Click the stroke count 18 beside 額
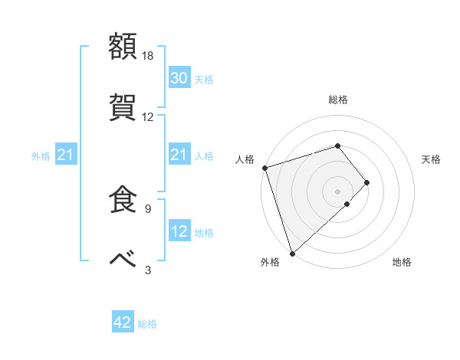click(148, 56)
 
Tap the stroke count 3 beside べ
click(148, 269)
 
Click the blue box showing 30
click(179, 78)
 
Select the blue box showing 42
click(123, 323)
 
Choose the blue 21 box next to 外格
click(65, 155)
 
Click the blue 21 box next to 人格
click(179, 155)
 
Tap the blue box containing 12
click(179, 231)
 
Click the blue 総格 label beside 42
click(147, 324)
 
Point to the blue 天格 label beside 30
click(204, 79)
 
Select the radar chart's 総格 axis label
click(337, 100)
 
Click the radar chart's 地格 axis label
click(402, 263)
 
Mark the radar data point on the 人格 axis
click(264, 168)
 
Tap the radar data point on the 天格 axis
click(367, 182)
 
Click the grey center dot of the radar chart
click(337, 191)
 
